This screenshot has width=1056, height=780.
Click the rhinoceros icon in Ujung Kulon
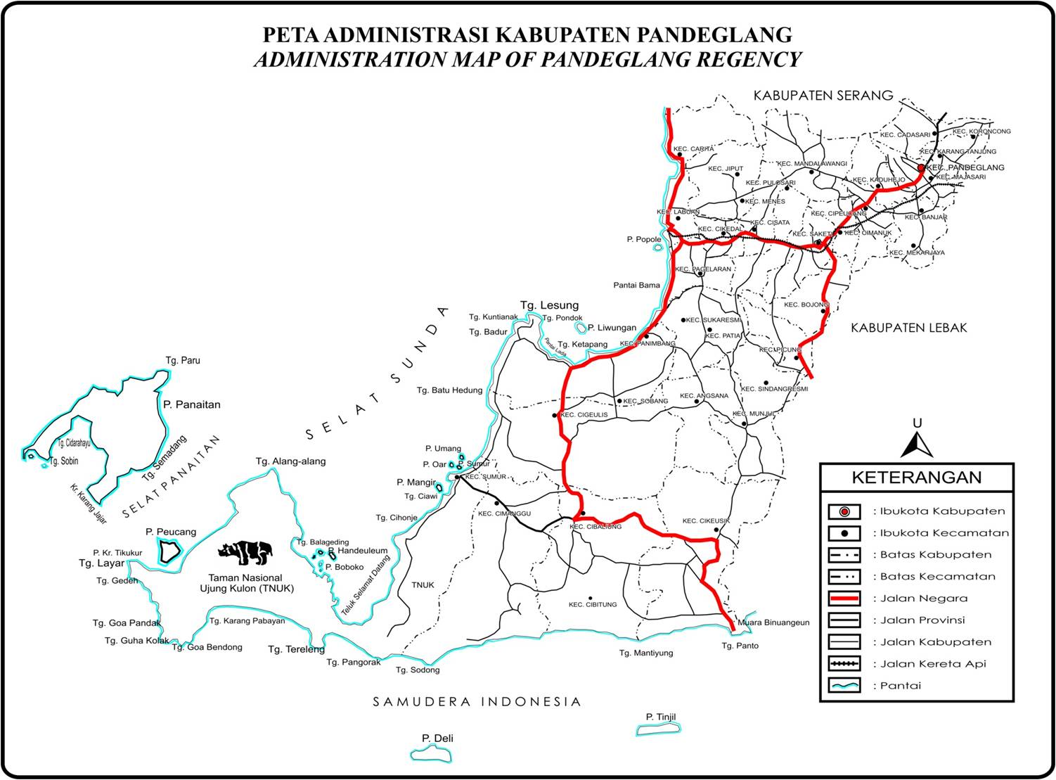pyautogui.click(x=245, y=553)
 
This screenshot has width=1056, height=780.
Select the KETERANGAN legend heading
pyautogui.click(x=916, y=478)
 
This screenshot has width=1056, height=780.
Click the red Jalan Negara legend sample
pyautogui.click(x=844, y=599)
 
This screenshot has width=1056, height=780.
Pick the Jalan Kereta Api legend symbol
pyautogui.click(x=844, y=663)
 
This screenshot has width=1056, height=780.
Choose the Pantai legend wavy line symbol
pyautogui.click(x=844, y=685)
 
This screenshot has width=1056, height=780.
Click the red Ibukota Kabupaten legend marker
pyautogui.click(x=844, y=511)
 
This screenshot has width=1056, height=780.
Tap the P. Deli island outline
pyautogui.click(x=432, y=753)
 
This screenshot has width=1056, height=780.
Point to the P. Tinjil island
pyautogui.click(x=659, y=729)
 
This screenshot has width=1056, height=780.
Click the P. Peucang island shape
pyautogui.click(x=169, y=552)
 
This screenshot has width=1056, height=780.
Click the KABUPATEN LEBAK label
pyautogui.click(x=908, y=328)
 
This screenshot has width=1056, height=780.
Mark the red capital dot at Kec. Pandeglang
pyautogui.click(x=922, y=168)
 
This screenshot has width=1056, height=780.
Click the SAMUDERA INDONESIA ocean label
pyautogui.click(x=477, y=702)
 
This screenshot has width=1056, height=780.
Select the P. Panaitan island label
pyautogui.click(x=191, y=404)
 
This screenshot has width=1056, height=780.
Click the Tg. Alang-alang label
pyautogui.click(x=290, y=461)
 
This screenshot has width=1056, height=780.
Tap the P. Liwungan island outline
pyautogui.click(x=581, y=328)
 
